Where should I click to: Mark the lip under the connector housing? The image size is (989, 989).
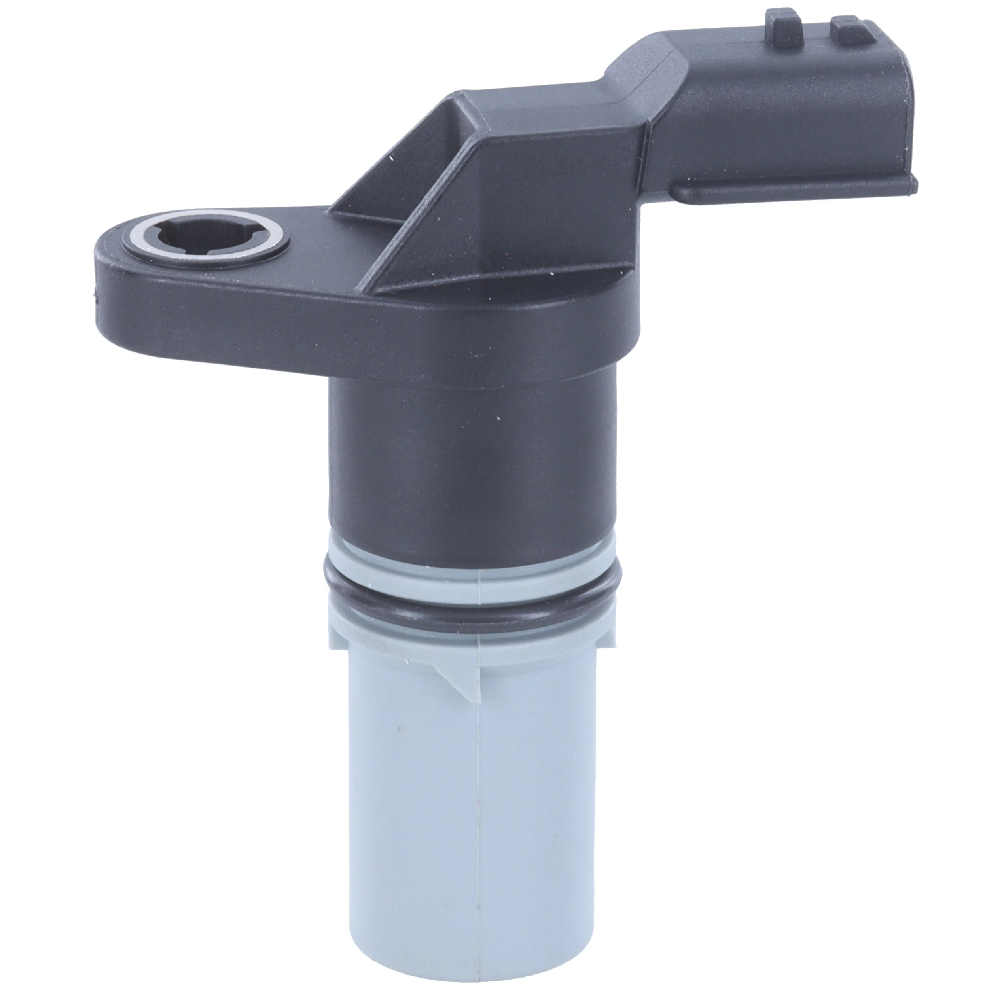[794, 193]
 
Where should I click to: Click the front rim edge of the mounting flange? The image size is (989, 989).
[358, 328]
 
